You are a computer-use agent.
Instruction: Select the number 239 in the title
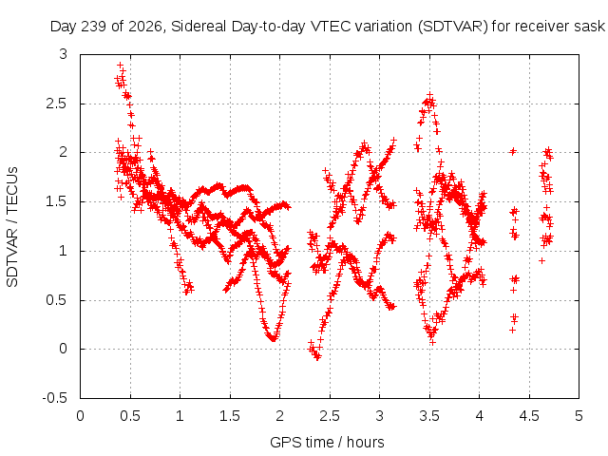(95, 27)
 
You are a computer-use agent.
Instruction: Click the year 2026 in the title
(145, 27)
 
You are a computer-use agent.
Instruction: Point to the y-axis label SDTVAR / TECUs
(12, 227)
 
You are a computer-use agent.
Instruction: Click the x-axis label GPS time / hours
(327, 442)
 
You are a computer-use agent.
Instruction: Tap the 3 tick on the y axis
(64, 54)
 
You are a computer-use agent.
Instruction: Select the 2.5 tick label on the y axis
(57, 104)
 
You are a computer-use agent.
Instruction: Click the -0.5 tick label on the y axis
(55, 398)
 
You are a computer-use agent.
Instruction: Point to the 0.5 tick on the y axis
(57, 300)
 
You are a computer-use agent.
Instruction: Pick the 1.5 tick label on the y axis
(57, 201)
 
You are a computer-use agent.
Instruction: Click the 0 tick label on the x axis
(80, 416)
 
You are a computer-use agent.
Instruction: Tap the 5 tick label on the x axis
(579, 416)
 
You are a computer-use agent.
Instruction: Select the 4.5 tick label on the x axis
(529, 416)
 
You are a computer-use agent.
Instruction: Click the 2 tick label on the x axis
(279, 416)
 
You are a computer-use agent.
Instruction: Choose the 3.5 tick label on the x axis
(429, 416)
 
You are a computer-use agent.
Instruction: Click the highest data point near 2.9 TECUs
(121, 66)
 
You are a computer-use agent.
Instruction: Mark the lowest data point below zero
(317, 357)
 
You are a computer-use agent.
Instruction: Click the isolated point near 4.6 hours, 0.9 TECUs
(542, 260)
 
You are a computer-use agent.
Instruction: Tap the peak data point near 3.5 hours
(429, 95)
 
